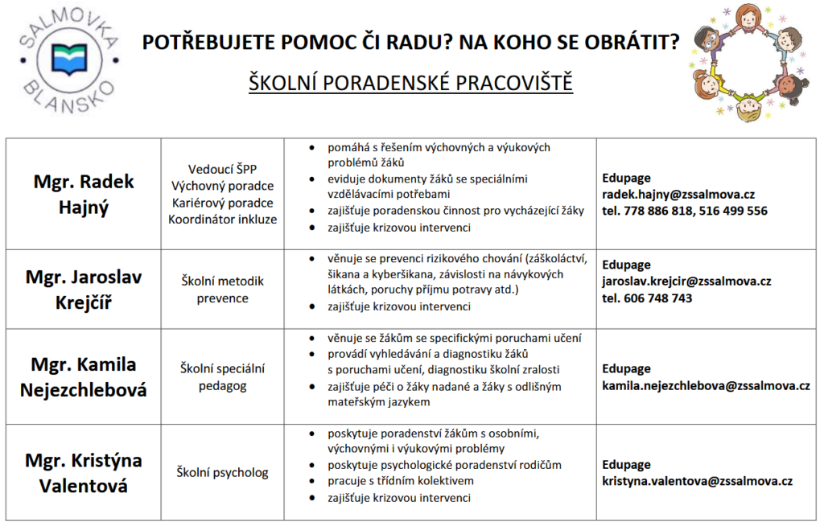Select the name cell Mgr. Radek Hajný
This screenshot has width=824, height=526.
[84, 194]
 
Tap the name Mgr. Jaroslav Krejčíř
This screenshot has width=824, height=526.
[84, 290]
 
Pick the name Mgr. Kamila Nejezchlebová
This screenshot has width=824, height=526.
[84, 377]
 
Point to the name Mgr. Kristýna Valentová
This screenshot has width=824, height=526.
[84, 474]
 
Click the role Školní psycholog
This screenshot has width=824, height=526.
[223, 473]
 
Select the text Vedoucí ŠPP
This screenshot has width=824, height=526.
[222, 170]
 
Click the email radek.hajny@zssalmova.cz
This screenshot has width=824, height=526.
[678, 195]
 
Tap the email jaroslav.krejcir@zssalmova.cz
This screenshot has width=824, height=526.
[686, 281]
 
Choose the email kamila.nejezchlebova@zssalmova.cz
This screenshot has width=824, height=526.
[706, 385]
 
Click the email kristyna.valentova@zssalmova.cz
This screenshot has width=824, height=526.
[698, 481]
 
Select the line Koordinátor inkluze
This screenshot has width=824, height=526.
[222, 219]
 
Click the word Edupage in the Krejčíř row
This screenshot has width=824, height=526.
[626, 265]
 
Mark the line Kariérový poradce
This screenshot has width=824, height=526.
[222, 203]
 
